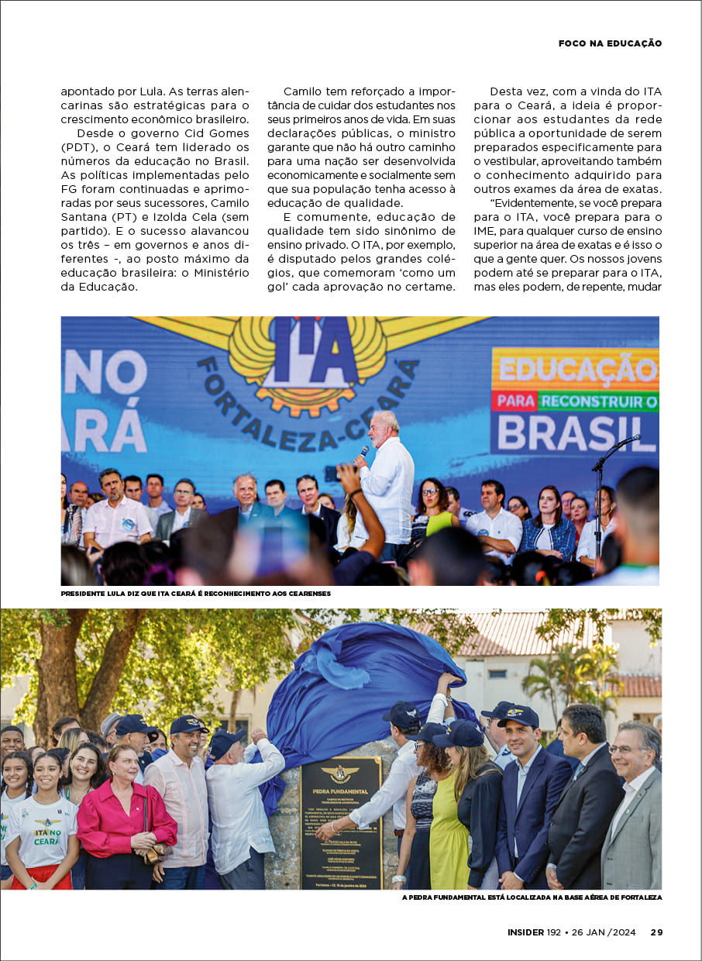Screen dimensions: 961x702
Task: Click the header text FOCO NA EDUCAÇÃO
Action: (x=610, y=43)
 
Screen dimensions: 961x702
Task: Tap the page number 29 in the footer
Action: (x=656, y=932)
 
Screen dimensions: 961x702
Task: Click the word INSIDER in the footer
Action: (x=525, y=932)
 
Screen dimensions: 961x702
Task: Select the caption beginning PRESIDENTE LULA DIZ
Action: (x=196, y=594)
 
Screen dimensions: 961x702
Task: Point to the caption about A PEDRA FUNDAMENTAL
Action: (x=532, y=897)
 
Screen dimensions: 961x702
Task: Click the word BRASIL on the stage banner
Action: (x=575, y=434)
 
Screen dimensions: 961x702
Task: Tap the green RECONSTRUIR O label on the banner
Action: (x=598, y=401)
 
